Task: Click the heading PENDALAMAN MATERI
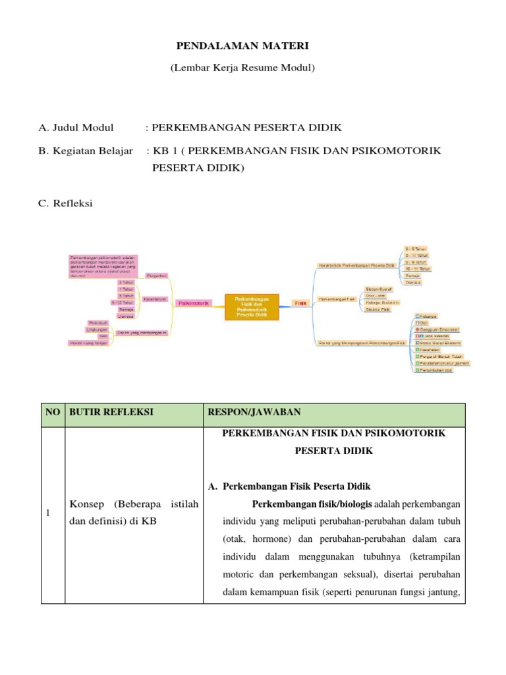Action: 242,45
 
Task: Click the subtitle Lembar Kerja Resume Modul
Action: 242,68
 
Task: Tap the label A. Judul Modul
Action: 76,128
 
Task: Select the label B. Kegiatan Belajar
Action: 86,151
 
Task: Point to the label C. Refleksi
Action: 66,203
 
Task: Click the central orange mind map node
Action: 252,307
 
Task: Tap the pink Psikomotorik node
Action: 194,303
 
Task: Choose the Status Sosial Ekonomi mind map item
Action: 438,343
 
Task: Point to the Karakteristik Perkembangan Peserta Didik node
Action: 356,265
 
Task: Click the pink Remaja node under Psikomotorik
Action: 125,309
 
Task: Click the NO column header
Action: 53,413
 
